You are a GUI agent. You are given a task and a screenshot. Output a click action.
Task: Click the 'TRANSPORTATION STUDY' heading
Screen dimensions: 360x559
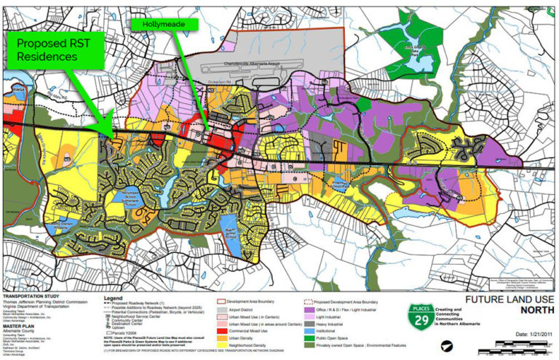[26, 297]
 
